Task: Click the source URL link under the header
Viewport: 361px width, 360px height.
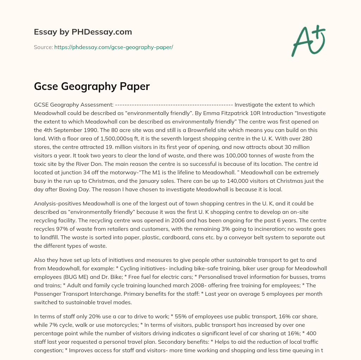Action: (114, 47)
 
